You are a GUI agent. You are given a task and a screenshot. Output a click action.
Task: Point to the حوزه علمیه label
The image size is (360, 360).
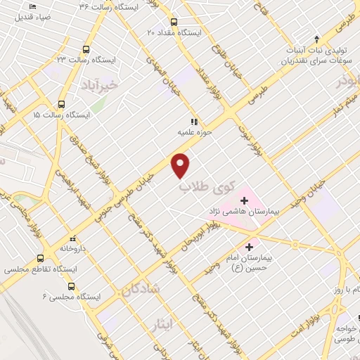pyautogui.click(x=195, y=131)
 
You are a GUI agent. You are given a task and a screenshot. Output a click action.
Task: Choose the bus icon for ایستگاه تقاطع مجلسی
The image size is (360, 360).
pyautogui.click(x=40, y=258)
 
